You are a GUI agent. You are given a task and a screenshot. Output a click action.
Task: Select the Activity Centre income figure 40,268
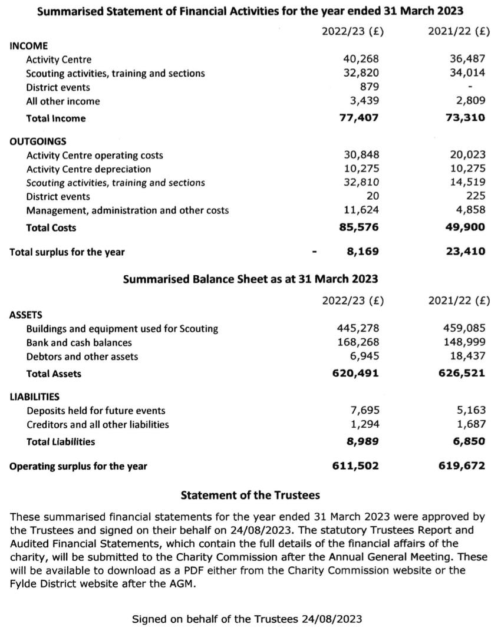(x=361, y=59)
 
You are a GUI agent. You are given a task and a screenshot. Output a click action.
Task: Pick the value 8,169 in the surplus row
(x=362, y=252)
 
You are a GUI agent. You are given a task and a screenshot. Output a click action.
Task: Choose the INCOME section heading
(x=29, y=45)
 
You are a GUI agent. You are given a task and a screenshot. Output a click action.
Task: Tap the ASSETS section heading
(x=26, y=315)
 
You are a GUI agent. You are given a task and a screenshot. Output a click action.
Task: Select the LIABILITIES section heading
(x=35, y=397)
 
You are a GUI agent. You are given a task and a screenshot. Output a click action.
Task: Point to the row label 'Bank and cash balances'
(x=79, y=342)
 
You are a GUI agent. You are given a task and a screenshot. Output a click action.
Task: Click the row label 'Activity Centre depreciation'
(x=88, y=169)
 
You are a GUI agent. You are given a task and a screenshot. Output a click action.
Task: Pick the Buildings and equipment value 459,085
(x=464, y=328)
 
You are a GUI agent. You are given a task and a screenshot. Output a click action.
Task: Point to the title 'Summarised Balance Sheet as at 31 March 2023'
(x=250, y=279)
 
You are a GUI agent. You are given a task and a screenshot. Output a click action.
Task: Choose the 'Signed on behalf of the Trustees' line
(x=247, y=619)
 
